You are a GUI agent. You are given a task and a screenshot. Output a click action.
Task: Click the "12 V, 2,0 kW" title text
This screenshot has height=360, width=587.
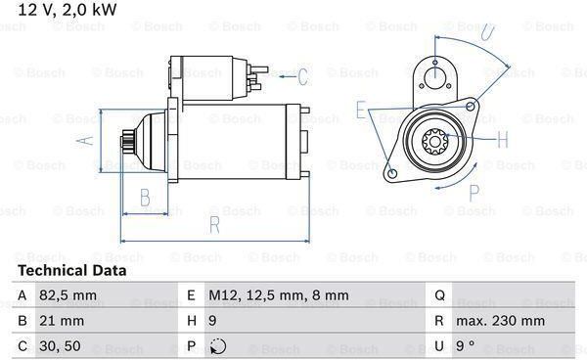[x=67, y=10]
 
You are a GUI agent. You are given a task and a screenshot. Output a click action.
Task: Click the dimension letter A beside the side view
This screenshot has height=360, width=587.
[x=85, y=140]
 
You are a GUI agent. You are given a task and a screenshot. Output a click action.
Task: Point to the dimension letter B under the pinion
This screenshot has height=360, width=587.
[x=145, y=198]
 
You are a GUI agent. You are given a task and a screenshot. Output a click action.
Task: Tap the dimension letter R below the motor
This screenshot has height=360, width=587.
[x=214, y=225]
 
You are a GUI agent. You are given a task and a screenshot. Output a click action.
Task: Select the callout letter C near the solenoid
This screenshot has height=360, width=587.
[x=302, y=76]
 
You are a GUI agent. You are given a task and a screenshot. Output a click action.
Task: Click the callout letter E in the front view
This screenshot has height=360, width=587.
[x=360, y=111]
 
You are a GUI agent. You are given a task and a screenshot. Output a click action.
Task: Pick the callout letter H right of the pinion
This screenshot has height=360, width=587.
[x=503, y=140]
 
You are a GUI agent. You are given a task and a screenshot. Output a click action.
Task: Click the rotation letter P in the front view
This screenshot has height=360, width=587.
[x=474, y=193]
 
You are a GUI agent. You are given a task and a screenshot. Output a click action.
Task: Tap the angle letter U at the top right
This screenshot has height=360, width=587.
[x=487, y=32]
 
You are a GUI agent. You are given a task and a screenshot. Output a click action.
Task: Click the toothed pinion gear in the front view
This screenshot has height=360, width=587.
[x=434, y=142]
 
